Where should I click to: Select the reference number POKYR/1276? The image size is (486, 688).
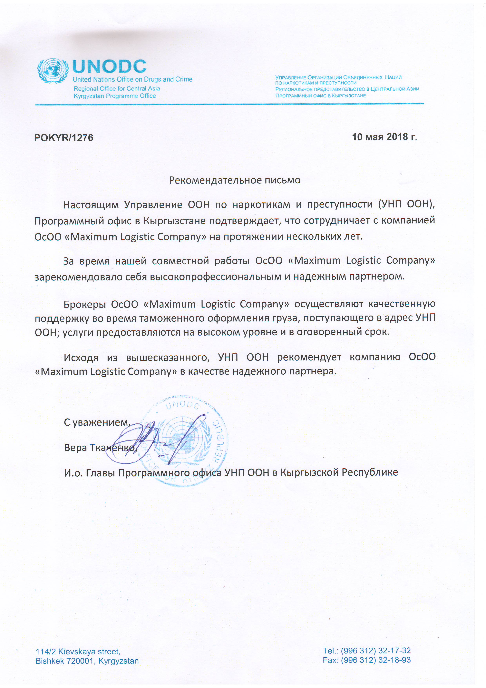(64, 137)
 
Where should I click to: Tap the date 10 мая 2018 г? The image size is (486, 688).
(384, 137)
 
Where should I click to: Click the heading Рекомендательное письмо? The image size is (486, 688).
(235, 180)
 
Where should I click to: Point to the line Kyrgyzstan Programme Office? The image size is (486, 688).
(115, 96)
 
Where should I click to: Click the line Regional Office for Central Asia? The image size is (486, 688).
(117, 88)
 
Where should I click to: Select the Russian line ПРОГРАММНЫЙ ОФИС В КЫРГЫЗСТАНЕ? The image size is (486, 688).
(320, 96)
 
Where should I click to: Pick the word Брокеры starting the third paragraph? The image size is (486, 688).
(85, 304)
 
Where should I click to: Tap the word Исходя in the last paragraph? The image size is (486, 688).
(81, 358)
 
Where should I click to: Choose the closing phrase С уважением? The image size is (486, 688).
(97, 422)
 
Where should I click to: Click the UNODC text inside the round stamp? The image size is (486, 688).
(182, 405)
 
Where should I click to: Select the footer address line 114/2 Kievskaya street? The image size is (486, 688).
(78, 652)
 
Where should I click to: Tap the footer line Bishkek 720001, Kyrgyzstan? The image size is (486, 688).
(87, 661)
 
